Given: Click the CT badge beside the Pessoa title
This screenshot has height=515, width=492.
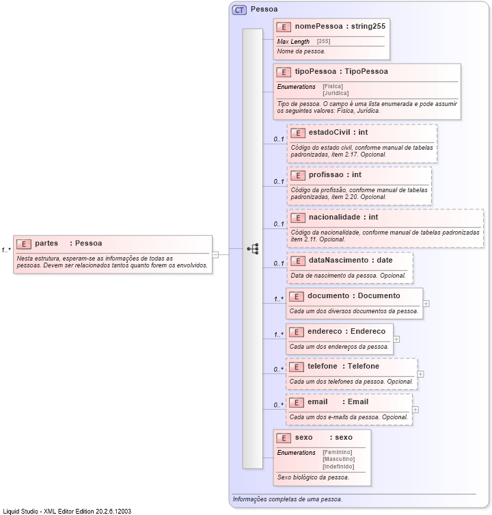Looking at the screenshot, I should tap(240, 10).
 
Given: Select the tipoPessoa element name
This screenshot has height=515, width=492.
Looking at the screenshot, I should tap(315, 71).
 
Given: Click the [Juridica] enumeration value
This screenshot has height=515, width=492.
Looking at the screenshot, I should tap(336, 93).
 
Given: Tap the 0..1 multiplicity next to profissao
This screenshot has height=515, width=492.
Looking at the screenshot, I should tap(278, 182).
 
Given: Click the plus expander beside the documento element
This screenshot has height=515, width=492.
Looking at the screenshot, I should tap(426, 303).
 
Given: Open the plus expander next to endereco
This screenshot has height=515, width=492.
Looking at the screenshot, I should tap(396, 339).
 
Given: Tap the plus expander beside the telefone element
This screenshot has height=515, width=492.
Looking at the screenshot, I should tap(420, 374).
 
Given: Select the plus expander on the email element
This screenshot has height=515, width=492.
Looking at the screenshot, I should tap(415, 410).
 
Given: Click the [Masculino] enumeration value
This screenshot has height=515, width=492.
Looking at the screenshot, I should tap(338, 459).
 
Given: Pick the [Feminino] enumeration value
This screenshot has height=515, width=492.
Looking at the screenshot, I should tap(337, 452).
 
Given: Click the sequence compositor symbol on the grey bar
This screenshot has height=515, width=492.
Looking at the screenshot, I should tap(253, 249).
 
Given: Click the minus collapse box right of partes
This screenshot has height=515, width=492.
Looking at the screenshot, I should tap(215, 254).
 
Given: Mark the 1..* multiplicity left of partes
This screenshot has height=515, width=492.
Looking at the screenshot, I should tap(5, 250).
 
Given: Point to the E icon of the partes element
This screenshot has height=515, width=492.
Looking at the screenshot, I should tap(24, 243).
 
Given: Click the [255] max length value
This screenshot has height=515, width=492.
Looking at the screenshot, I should tap(323, 42).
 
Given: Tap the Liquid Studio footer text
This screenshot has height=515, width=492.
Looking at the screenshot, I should tap(67, 510).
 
